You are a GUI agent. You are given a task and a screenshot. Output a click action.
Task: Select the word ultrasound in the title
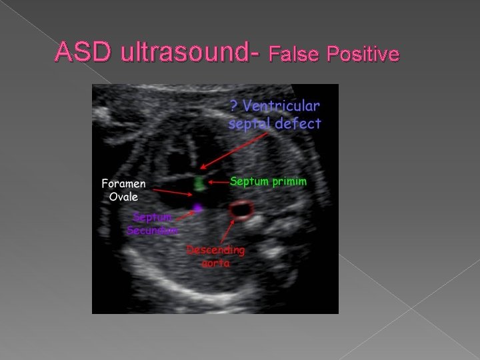[189, 52]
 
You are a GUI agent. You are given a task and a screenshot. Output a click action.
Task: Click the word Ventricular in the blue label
[283, 106]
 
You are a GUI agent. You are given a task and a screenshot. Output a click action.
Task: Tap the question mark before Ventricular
[234, 106]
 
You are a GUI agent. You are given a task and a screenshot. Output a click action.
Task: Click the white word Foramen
[124, 183]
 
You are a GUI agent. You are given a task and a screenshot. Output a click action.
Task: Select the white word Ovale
[124, 197]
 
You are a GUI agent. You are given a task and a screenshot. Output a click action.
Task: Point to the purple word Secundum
[153, 230]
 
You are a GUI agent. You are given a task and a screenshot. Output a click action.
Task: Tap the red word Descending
[216, 251]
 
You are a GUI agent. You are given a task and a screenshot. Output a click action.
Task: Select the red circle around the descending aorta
[240, 211]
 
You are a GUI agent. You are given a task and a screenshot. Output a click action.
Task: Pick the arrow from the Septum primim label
[218, 181]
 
